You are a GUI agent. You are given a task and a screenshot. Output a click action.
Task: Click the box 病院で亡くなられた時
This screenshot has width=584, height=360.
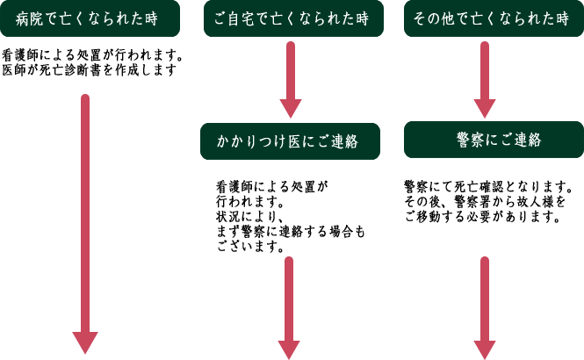click(x=90, y=18)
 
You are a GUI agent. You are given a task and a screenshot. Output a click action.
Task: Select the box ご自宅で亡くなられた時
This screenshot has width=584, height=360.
click(x=291, y=18)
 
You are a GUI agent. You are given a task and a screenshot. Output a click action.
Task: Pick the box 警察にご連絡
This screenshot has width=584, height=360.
click(x=494, y=140)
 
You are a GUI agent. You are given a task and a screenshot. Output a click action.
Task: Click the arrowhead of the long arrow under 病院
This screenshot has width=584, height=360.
click(x=85, y=342)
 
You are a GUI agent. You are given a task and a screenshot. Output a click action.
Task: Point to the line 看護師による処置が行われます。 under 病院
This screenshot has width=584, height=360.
click(x=92, y=56)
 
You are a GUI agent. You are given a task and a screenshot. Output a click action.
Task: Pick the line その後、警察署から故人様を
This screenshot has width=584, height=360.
click(x=485, y=201)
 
